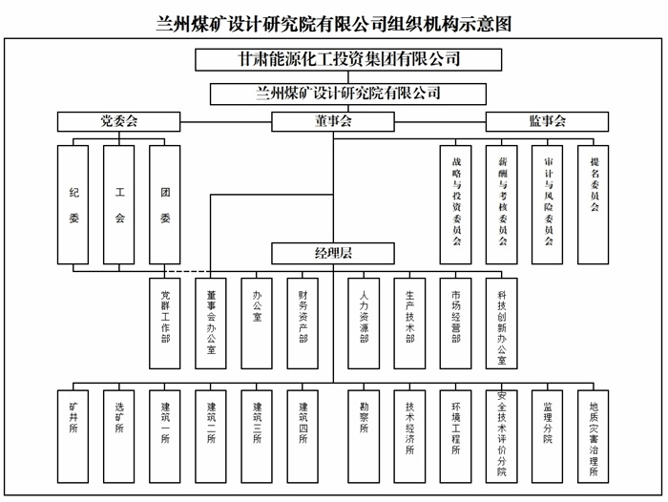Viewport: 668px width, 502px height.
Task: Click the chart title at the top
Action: pyautogui.click(x=334, y=24)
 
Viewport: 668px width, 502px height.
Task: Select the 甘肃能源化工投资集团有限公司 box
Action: pyautogui.click(x=348, y=60)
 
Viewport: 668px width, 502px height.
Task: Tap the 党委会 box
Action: pyautogui.click(x=119, y=122)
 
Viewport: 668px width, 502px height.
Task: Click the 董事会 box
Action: pyautogui.click(x=333, y=122)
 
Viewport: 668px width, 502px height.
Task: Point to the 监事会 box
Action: pyautogui.click(x=547, y=122)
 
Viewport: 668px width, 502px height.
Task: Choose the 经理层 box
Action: pyautogui.click(x=333, y=254)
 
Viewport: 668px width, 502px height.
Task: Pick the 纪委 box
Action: pyautogui.click(x=73, y=205)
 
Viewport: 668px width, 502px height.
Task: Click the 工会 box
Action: pyautogui.click(x=119, y=205)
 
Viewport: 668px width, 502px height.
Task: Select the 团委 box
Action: pyautogui.click(x=165, y=205)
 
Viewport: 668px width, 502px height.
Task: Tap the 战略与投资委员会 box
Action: pyautogui.click(x=456, y=205)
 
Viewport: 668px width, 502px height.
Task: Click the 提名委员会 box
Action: pyautogui.click(x=593, y=205)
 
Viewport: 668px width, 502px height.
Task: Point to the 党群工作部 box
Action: pyautogui.click(x=165, y=324)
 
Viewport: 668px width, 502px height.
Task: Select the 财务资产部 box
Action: pyautogui.click(x=303, y=324)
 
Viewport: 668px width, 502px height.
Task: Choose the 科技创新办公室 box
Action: pyautogui.click(x=501, y=324)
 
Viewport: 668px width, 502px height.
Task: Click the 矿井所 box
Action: pyautogui.click(x=73, y=437)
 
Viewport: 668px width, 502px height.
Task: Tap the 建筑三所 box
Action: pyautogui.click(x=257, y=437)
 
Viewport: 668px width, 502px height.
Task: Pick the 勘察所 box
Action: pyautogui.click(x=364, y=437)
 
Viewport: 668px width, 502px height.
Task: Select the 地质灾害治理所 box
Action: pyautogui.click(x=593, y=437)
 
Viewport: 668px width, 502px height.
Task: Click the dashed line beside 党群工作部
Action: pyautogui.click(x=187, y=271)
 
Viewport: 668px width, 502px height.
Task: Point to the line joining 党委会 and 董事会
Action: pyautogui.click(x=226, y=122)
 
